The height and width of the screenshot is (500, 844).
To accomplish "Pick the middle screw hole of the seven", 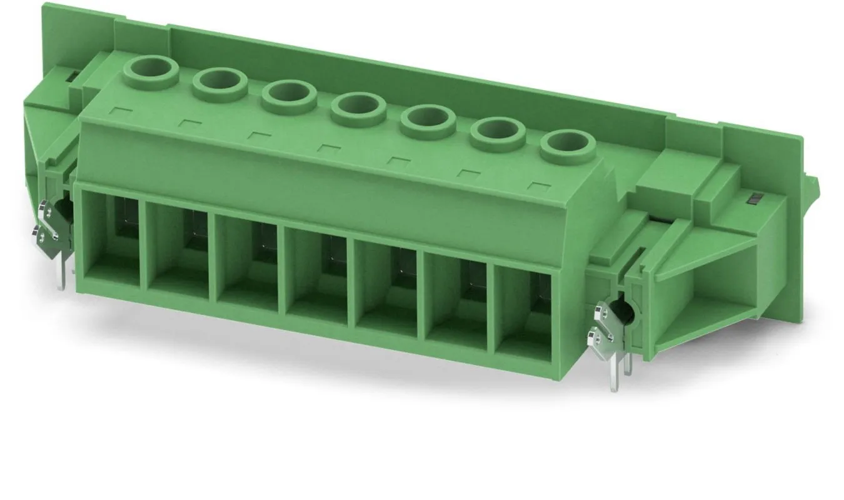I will [358, 108].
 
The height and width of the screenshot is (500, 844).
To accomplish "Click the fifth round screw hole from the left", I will [427, 119].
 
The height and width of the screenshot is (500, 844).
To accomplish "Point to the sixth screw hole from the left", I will [497, 131].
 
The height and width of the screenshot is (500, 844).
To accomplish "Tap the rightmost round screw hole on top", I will [566, 142].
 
